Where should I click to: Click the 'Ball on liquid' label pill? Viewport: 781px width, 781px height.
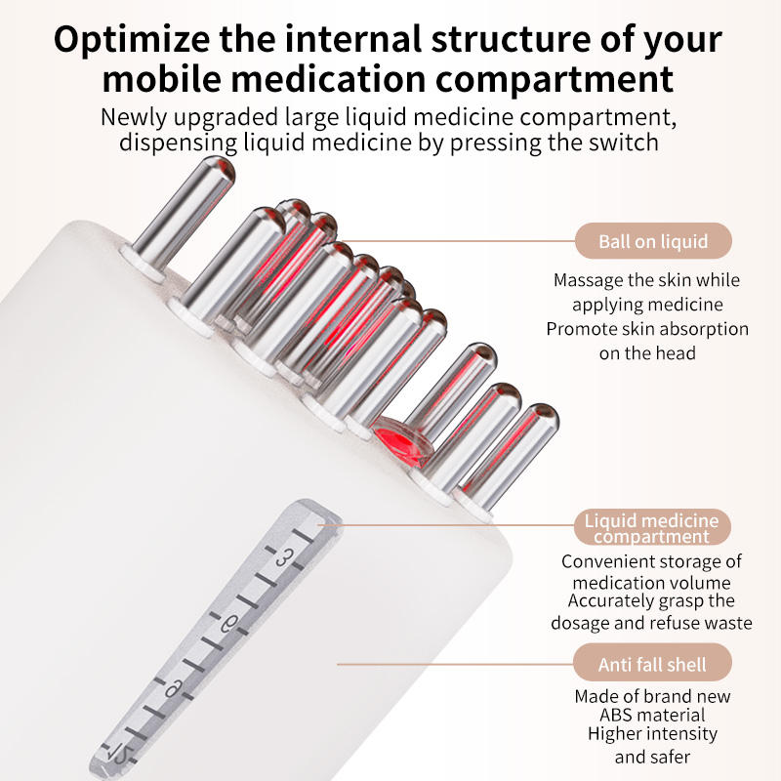[x=653, y=241]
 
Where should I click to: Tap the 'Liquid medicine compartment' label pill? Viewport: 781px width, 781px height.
[x=652, y=527]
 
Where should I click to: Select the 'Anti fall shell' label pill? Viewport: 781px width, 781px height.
[x=652, y=664]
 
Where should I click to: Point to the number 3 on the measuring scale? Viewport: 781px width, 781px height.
[x=284, y=557]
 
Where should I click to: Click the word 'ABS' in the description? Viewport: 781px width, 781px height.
[x=617, y=715]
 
